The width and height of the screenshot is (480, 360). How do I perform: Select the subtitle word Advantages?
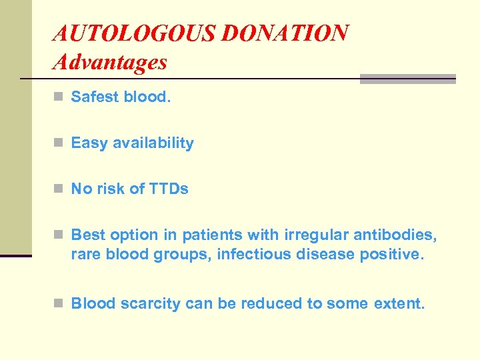coord(110,63)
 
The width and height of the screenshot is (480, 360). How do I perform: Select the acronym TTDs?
coord(169,189)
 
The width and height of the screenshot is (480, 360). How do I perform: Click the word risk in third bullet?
coord(110,189)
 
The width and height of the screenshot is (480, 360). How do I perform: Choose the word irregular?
coord(309,235)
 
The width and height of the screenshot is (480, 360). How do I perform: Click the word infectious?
coord(254,254)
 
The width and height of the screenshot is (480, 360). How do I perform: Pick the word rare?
coord(85,254)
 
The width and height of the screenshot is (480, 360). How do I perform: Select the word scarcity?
coord(147,304)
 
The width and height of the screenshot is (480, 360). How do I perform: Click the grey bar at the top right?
coord(407,79)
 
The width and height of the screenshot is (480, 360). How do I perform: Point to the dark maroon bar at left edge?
coord(15,255)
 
